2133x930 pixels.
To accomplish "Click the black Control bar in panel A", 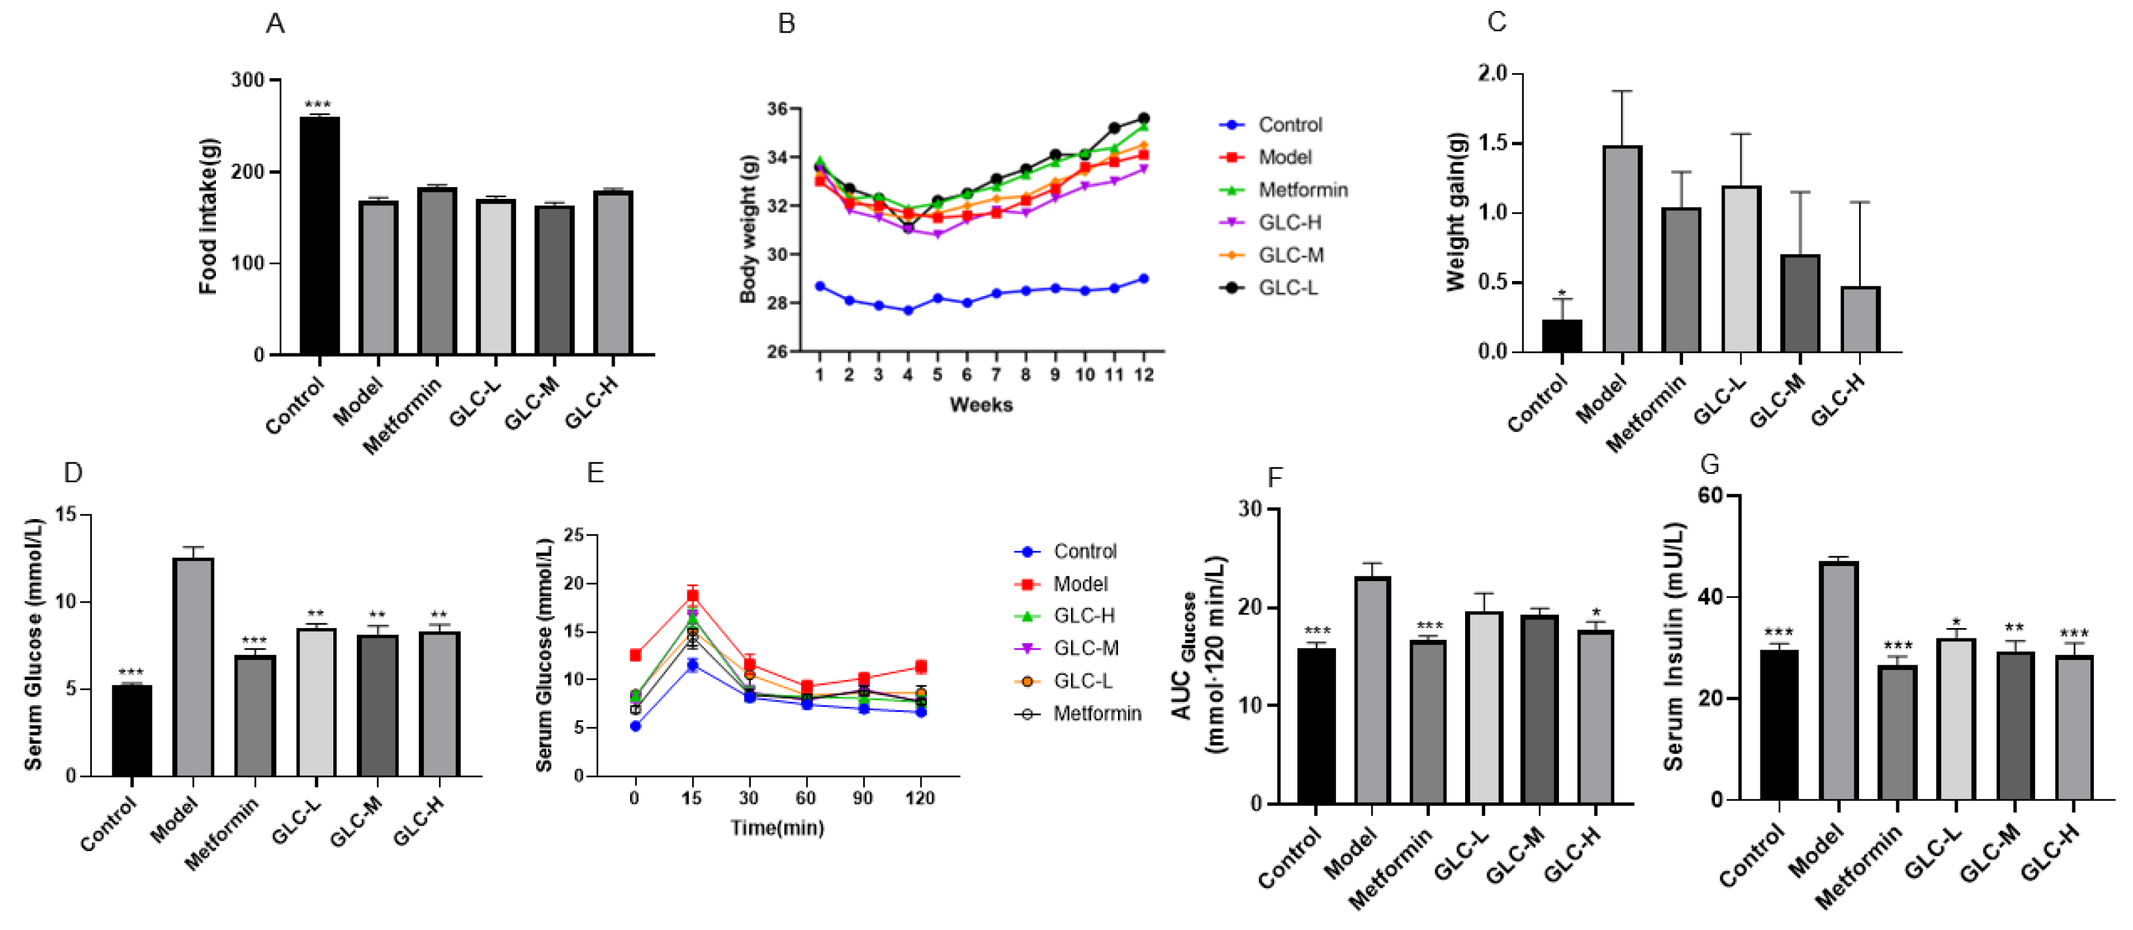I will pos(319,236).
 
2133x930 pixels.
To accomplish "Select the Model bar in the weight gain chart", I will pos(1622,249).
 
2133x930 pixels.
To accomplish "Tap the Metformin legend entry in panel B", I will pos(1302,190).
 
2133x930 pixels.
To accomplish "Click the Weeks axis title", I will pos(980,404).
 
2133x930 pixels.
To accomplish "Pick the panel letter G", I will pos(1709,464).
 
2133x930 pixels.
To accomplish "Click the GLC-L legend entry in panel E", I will pos(1082,681).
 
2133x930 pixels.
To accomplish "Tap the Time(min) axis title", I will pos(777,828).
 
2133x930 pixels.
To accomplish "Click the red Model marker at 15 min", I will pos(692,595).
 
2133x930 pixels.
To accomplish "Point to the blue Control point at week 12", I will pos(1143,279).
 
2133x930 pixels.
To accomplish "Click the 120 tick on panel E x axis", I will pos(919,798).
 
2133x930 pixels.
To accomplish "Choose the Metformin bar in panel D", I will pos(254,716).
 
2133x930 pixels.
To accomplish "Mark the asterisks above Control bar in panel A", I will pos(318,104).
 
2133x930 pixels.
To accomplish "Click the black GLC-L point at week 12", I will pos(1143,119).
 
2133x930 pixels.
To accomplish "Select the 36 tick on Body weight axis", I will pos(777,108).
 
